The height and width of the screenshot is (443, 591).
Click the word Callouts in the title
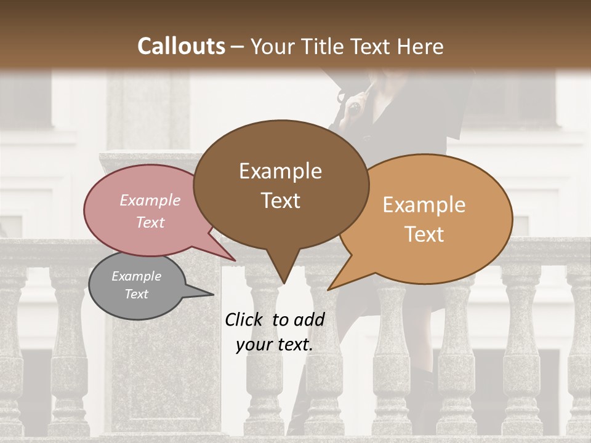click(x=181, y=46)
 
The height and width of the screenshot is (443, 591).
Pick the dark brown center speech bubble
click(x=280, y=228)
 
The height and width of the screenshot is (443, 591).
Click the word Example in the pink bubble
click(x=150, y=200)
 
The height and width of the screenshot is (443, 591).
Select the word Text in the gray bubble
click(x=136, y=294)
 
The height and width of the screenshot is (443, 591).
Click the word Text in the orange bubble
click(x=424, y=234)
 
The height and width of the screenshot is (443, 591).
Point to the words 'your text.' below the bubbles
click(x=274, y=345)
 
